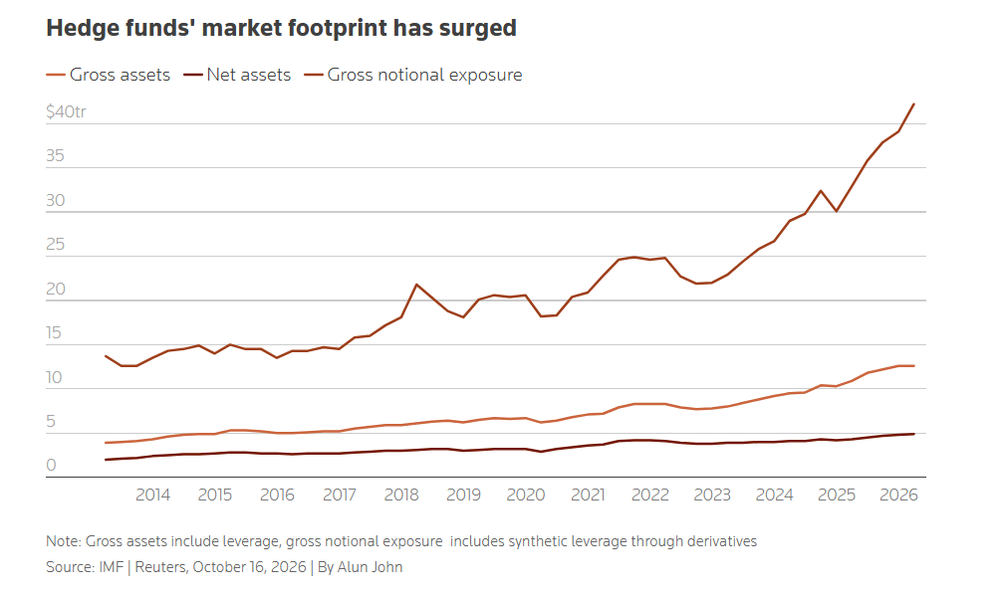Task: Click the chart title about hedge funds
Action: click(x=282, y=28)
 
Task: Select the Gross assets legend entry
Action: click(x=109, y=75)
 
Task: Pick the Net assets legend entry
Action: click(x=237, y=75)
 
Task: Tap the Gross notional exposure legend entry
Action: click(x=413, y=75)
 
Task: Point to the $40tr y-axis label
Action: click(x=66, y=111)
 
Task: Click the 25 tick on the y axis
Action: click(x=56, y=244)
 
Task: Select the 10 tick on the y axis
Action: click(x=55, y=377)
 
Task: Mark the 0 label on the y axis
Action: click(x=51, y=465)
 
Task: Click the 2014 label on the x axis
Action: click(x=152, y=495)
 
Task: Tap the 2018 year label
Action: click(x=401, y=495)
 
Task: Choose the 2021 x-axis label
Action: click(x=588, y=495)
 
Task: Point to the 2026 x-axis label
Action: click(x=898, y=495)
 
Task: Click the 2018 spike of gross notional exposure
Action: click(x=417, y=285)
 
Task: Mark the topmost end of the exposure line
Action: click(x=913, y=103)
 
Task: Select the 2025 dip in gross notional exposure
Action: click(x=836, y=211)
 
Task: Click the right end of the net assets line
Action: click(x=914, y=434)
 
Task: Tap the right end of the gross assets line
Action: click(x=914, y=366)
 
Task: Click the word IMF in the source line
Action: click(x=112, y=567)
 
